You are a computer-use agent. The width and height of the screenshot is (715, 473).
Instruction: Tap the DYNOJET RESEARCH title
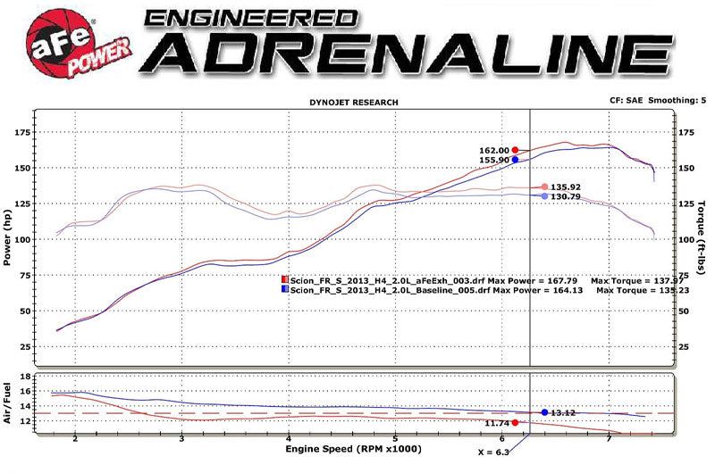pos(354,103)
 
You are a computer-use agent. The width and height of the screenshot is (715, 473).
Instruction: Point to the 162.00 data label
pos(493,151)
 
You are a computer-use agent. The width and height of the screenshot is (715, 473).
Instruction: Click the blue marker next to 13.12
pos(544,412)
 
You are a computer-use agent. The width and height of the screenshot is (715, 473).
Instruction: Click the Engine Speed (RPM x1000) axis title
pos(352,449)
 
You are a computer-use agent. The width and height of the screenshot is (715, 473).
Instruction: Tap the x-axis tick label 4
pos(289,439)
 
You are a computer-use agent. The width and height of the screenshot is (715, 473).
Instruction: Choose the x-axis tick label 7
pos(609,439)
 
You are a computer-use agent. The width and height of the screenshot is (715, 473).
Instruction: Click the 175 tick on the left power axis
pos(21,132)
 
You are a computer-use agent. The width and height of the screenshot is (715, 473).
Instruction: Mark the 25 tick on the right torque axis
pos(686,346)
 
